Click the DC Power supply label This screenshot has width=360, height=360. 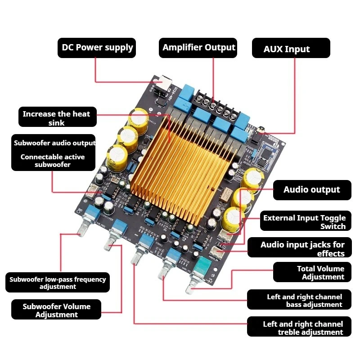coord(97,48)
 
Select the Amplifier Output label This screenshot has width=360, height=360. coord(199,48)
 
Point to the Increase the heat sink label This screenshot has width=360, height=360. coord(56,118)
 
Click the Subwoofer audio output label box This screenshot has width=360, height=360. coord(54,152)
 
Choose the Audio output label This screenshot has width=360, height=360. coord(312,189)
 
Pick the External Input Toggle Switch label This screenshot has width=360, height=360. coord(305,222)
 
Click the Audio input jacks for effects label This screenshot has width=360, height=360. coord(302,249)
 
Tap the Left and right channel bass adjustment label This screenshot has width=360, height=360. coord(304,301)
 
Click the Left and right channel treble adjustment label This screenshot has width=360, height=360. coord(303,328)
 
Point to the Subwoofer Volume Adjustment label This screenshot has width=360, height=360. coord(57,310)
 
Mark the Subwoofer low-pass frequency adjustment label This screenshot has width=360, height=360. coord(58,283)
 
